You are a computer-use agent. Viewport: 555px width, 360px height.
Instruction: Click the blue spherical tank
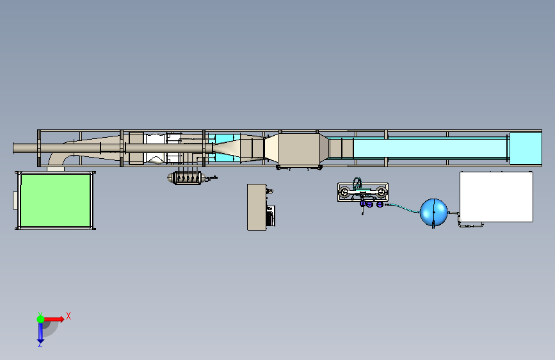(433, 212)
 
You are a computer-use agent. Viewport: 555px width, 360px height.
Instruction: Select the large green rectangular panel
(55, 200)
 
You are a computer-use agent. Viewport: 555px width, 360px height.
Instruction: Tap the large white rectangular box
(496, 197)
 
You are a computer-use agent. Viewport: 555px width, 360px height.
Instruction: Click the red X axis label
(68, 316)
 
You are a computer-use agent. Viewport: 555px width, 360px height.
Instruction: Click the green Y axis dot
(41, 319)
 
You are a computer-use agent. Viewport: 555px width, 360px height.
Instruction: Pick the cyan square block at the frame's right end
(526, 148)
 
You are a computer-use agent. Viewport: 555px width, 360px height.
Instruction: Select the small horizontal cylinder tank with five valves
(188, 178)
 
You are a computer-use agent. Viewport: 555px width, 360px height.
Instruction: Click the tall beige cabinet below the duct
(257, 207)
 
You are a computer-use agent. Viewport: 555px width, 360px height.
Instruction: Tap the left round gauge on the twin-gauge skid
(344, 192)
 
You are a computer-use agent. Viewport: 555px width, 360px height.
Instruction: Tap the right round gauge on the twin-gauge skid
(381, 192)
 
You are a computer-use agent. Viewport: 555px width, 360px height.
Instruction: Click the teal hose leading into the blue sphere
(403, 208)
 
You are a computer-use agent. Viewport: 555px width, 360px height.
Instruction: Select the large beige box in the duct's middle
(299, 149)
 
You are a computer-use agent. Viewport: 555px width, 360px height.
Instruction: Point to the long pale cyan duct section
(430, 148)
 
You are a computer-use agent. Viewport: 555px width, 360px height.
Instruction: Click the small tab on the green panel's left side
(15, 200)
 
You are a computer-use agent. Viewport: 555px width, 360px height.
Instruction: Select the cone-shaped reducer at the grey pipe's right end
(227, 148)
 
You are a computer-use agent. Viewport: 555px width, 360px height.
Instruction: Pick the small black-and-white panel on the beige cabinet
(270, 216)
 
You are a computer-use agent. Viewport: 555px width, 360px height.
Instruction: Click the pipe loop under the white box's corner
(471, 225)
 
